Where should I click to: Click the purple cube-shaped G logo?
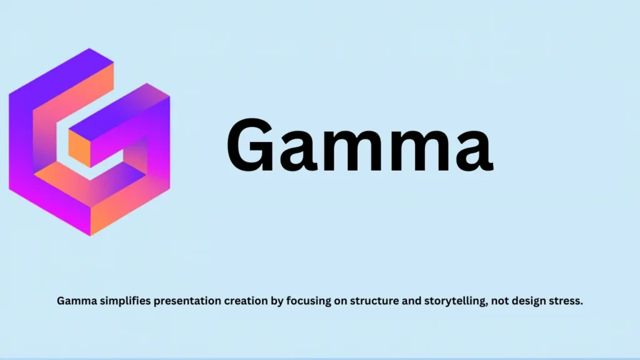coord(89,142)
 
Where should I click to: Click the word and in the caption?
coord(409,301)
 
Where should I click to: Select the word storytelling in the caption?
coord(454,301)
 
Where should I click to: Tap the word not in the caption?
coord(500,301)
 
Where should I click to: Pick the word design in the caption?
coord(529,301)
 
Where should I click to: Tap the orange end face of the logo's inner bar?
coord(80,149)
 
